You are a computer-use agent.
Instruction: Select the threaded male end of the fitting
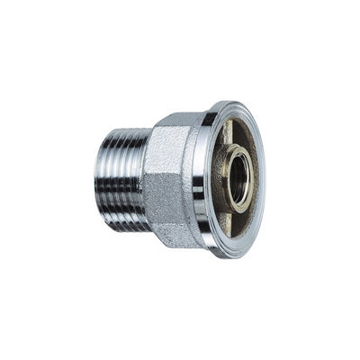[121, 179]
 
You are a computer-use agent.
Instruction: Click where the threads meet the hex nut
[147, 179]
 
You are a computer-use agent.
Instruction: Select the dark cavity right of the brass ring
[255, 180]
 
